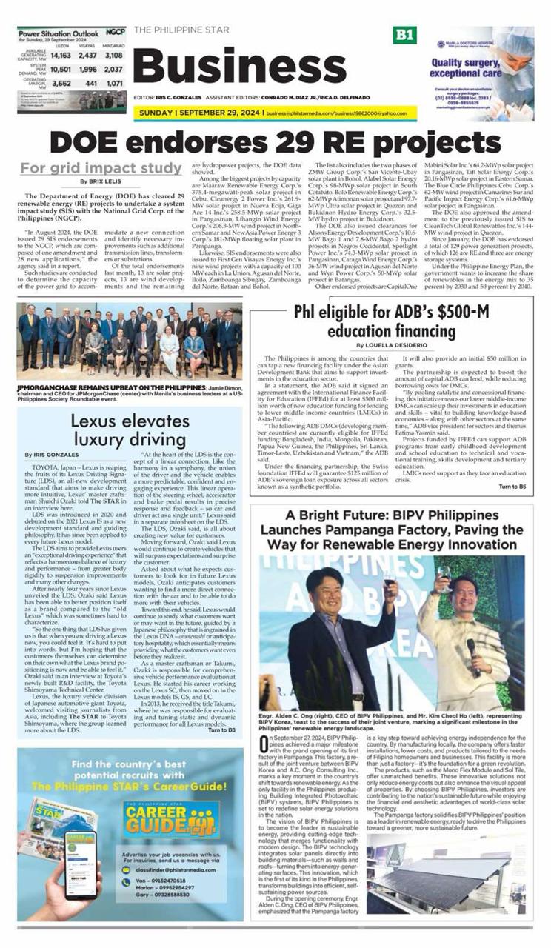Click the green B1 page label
[406, 35]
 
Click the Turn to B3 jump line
[221, 730]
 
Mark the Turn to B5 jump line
[512, 487]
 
